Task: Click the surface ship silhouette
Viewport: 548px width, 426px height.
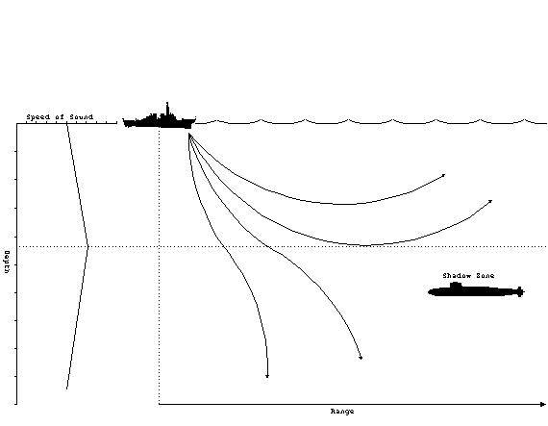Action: click(x=159, y=121)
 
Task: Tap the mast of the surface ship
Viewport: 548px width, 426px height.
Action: click(x=167, y=109)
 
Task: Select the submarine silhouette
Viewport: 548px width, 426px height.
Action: click(x=476, y=290)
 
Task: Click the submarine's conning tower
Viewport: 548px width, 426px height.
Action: click(x=456, y=285)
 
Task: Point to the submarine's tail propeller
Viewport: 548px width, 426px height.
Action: click(x=520, y=291)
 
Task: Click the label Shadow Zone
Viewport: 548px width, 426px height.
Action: click(x=468, y=276)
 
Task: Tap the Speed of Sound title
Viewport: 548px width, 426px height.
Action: click(x=60, y=116)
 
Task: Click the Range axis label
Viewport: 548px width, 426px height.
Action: click(x=342, y=412)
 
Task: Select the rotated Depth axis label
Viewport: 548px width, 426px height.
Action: click(x=7, y=262)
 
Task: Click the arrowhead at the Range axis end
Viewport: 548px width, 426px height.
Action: click(x=543, y=404)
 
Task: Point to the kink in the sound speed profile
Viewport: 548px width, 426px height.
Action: click(x=87, y=247)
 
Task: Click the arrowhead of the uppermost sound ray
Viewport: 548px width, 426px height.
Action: click(x=443, y=175)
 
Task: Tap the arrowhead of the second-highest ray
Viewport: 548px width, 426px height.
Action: click(x=490, y=201)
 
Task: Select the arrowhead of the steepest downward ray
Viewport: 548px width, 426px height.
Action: click(x=267, y=376)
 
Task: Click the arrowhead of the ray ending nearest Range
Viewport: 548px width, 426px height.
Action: click(x=361, y=358)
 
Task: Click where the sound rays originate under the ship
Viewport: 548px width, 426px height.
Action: click(x=189, y=134)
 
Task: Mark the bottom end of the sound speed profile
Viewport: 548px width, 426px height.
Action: click(x=66, y=388)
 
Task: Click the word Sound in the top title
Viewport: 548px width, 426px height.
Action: click(x=81, y=116)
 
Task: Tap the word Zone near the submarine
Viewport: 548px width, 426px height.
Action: click(x=484, y=276)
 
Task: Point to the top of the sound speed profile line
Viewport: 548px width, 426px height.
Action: click(x=66, y=124)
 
